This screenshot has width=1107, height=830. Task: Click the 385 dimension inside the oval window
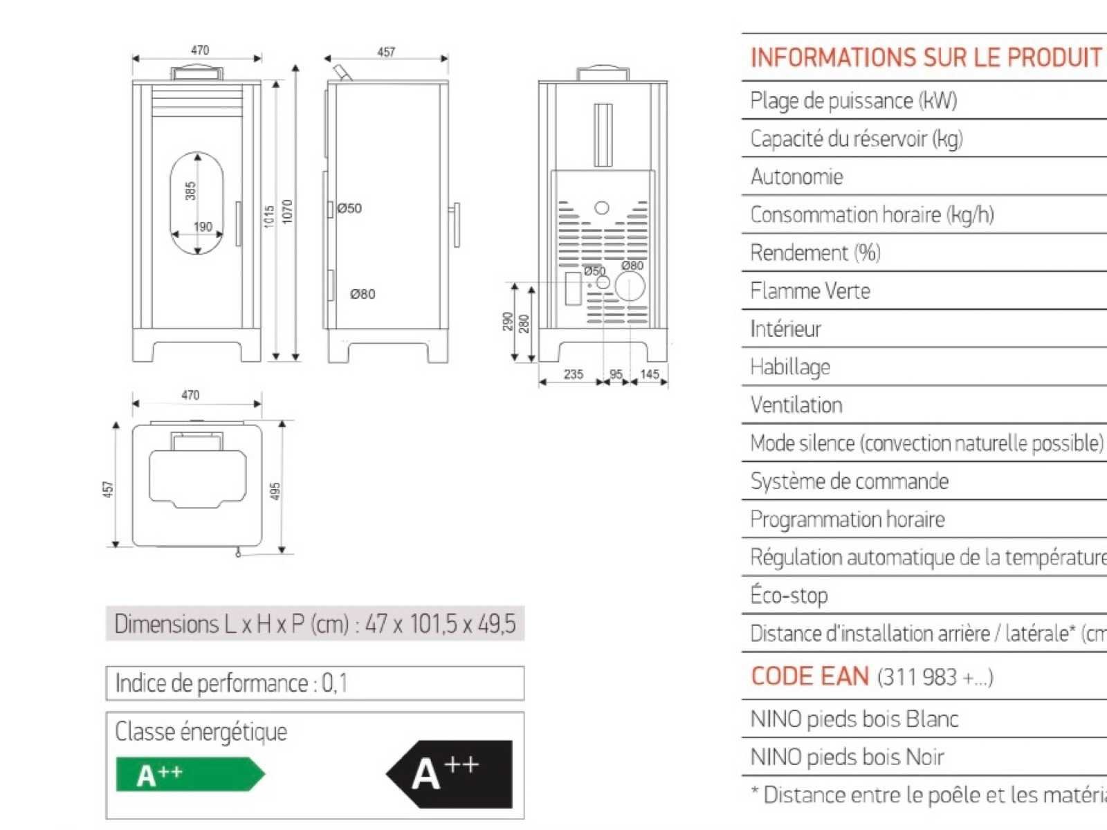[190, 191]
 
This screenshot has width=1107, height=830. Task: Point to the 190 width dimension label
[203, 227]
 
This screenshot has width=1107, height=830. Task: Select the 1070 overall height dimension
[288, 211]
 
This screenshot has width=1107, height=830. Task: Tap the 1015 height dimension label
[269, 216]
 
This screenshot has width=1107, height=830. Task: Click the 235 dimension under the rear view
[574, 374]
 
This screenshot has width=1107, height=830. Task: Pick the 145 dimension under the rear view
[650, 374]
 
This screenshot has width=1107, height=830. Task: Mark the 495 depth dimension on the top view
[275, 491]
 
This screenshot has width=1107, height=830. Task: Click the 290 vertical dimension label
[508, 322]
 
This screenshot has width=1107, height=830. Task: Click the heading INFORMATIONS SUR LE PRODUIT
[926, 57]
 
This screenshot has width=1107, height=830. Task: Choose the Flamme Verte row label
[810, 291]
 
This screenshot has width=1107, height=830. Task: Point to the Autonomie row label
[796, 177]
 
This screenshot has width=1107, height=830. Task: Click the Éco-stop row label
[789, 596]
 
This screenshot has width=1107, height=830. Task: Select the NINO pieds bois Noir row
[847, 757]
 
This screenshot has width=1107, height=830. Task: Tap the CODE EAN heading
[809, 676]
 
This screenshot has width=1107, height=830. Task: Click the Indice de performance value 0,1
[335, 683]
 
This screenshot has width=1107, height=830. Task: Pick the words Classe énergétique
[201, 732]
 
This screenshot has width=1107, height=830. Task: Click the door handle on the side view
[457, 225]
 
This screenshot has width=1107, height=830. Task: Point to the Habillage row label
[789, 367]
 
